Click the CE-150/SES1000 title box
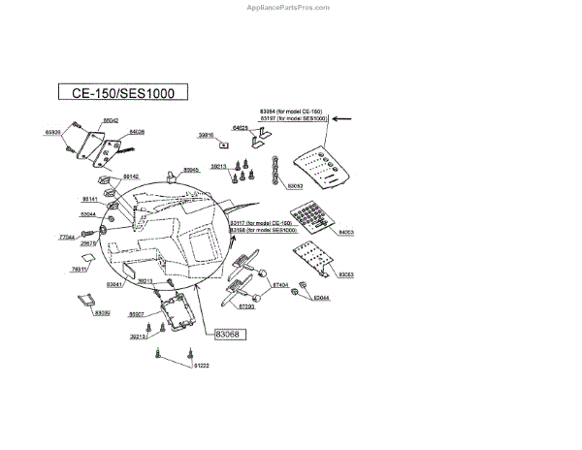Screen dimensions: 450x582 click(122, 93)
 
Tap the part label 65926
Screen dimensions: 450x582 click(53, 131)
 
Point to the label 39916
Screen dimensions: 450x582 click(206, 135)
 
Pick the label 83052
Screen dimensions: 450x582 click(295, 184)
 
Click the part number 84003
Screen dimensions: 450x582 click(346, 233)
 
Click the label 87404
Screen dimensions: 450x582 click(280, 284)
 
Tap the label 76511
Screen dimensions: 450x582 click(80, 269)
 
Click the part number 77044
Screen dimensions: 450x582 click(67, 237)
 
